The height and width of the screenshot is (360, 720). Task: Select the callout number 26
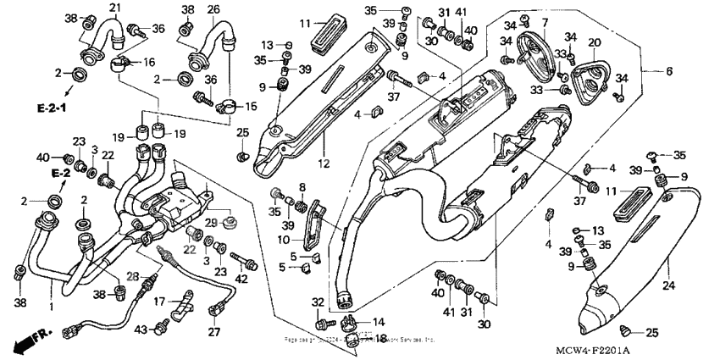(x=213, y=9)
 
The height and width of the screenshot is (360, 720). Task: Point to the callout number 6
(x=669, y=71)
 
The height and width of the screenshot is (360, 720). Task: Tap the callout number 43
(x=141, y=329)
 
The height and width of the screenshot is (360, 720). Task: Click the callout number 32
(x=318, y=302)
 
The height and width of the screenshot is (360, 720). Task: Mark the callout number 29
(x=210, y=221)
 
